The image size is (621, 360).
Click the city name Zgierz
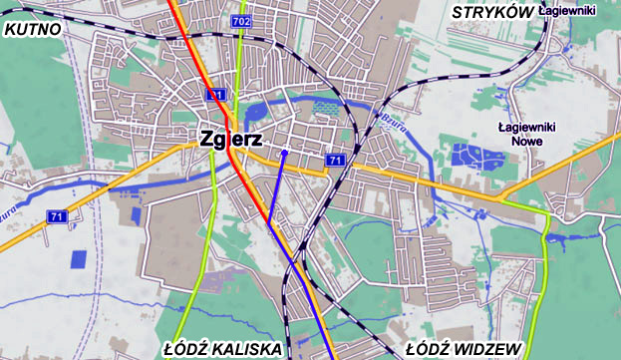coord(231,140)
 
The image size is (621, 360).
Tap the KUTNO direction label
coord(32,30)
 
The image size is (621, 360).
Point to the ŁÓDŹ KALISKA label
coord(222,349)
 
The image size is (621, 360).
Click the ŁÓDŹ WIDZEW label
coord(465,349)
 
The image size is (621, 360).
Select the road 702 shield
coord(239,21)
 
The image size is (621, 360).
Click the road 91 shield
coord(216,95)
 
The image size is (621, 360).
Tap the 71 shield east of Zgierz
coord(335,161)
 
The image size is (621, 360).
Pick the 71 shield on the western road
coord(57,216)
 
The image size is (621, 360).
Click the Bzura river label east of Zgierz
coord(391,121)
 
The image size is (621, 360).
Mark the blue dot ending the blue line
coord(284,153)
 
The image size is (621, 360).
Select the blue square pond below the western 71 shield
coord(79,258)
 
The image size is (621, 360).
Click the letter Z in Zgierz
coord(207,140)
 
